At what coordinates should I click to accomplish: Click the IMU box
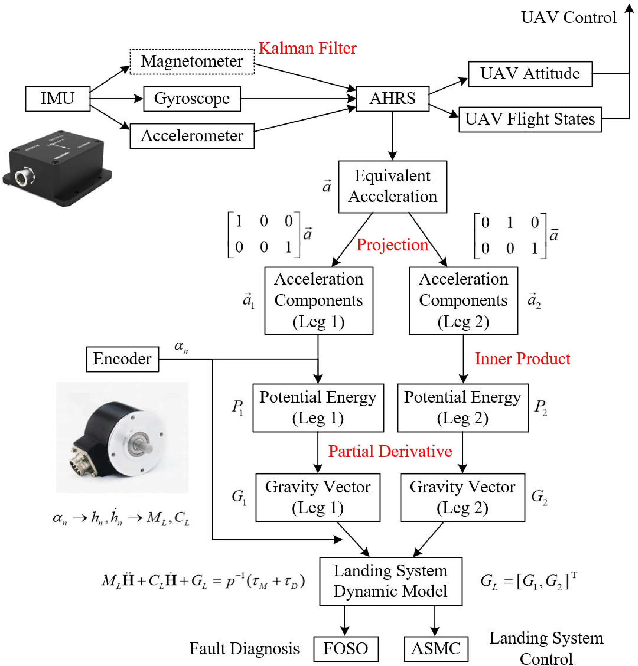[x=57, y=99]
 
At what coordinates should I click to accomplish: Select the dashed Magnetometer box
[x=192, y=61]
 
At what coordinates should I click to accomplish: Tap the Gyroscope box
[x=192, y=99]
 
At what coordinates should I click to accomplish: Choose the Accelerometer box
[x=192, y=136]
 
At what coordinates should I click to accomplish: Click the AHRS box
[x=392, y=99]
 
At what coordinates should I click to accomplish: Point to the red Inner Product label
[x=522, y=359]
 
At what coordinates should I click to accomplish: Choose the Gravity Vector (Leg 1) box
[x=318, y=497]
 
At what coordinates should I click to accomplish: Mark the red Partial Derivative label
[x=390, y=451]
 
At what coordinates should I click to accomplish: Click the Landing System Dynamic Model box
[x=390, y=581]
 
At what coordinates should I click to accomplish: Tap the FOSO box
[x=345, y=648]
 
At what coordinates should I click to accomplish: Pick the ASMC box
[x=436, y=648]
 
